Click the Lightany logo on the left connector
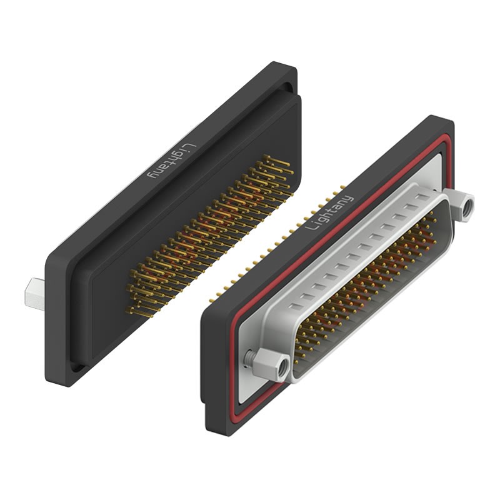point(171,161)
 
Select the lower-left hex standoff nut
point(271,365)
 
